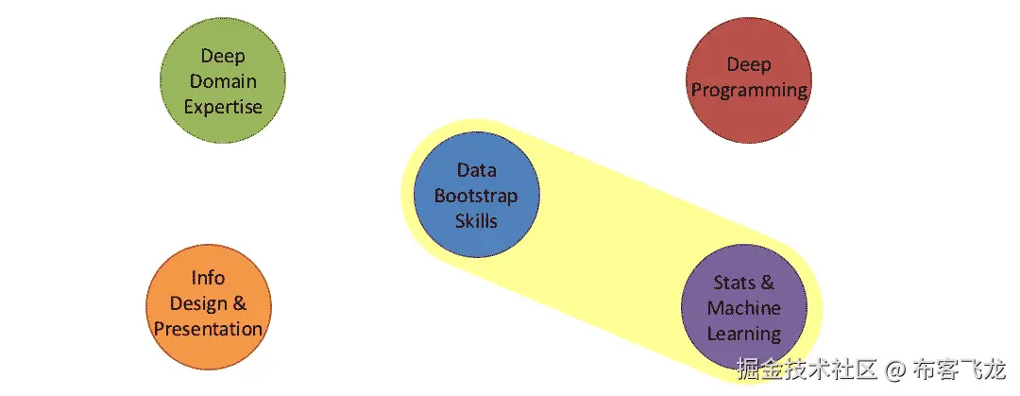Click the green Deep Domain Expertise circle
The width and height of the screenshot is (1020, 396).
pyautogui.click(x=222, y=80)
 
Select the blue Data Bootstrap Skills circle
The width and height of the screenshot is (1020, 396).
pyautogui.click(x=476, y=196)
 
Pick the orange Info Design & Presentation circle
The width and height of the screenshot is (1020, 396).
pyautogui.click(x=208, y=303)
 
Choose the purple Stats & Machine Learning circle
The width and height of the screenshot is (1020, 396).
pyautogui.click(x=744, y=308)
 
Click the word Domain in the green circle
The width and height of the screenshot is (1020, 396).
pyautogui.click(x=223, y=81)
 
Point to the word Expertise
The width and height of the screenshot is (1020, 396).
pyautogui.click(x=223, y=106)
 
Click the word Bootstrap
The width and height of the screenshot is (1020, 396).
pyautogui.click(x=476, y=196)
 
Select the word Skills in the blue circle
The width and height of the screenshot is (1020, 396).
pyautogui.click(x=476, y=220)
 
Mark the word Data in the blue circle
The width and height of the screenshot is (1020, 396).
pyautogui.click(x=476, y=171)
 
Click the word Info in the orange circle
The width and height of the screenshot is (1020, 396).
pyautogui.click(x=208, y=278)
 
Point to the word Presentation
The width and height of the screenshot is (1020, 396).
pyautogui.click(x=208, y=329)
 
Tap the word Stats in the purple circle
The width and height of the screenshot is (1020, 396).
pyautogui.click(x=731, y=283)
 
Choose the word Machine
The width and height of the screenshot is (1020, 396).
pyautogui.click(x=744, y=308)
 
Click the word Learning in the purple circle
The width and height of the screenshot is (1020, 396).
pyautogui.click(x=744, y=334)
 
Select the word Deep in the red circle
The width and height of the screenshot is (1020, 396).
pyautogui.click(x=748, y=65)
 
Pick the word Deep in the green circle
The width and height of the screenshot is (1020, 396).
pyautogui.click(x=223, y=57)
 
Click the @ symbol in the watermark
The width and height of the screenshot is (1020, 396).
pyautogui.click(x=895, y=368)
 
